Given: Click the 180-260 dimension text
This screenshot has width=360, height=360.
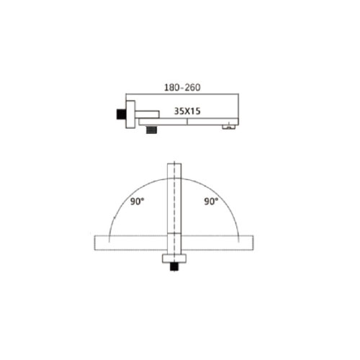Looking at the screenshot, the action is pyautogui.click(x=182, y=87).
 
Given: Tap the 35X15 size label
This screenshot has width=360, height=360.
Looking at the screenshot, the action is pyautogui.click(x=187, y=111).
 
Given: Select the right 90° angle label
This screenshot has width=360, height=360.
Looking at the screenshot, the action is pyautogui.click(x=211, y=201).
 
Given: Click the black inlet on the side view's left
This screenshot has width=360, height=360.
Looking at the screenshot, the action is pyautogui.click(x=121, y=114).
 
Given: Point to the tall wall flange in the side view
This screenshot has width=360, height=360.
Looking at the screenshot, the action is pyautogui.click(x=130, y=114).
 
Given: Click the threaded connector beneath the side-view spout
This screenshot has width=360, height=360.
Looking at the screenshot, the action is pyautogui.click(x=151, y=129).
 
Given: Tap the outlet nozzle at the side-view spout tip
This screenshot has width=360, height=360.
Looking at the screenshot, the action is pyautogui.click(x=228, y=127).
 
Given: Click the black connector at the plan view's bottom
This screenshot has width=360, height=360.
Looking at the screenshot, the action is pyautogui.click(x=174, y=266).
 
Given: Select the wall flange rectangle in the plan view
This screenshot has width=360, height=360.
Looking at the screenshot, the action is pyautogui.click(x=174, y=258).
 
